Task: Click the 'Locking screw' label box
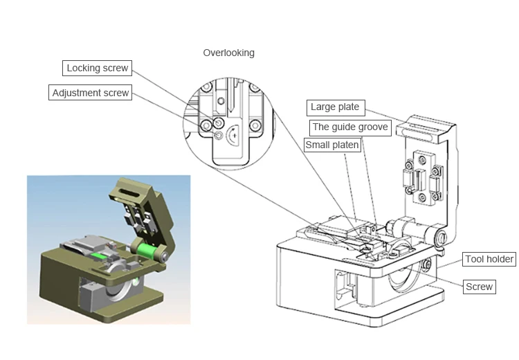(x=97, y=68)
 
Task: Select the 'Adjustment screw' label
(x=91, y=93)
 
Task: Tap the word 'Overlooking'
(x=228, y=53)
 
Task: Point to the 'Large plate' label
(x=335, y=107)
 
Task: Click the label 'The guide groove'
(x=350, y=127)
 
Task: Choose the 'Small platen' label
(x=332, y=145)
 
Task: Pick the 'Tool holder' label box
(x=489, y=259)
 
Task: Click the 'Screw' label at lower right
(x=479, y=287)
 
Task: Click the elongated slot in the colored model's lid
(x=129, y=190)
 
